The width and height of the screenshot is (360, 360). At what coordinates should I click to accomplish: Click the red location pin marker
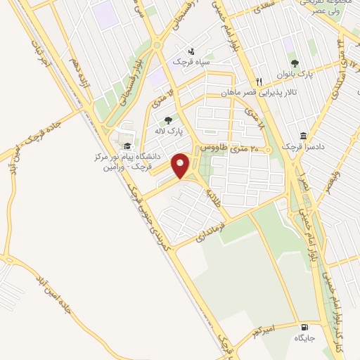[181, 165]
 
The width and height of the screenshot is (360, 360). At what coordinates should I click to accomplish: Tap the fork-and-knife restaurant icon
[259, 81]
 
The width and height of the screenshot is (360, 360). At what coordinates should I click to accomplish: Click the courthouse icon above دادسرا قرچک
[303, 136]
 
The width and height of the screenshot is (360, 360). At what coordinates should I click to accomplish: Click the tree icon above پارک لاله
[167, 120]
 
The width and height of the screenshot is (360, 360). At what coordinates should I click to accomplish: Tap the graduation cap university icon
[127, 146]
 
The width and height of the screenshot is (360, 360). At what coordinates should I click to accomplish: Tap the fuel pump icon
[304, 327]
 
